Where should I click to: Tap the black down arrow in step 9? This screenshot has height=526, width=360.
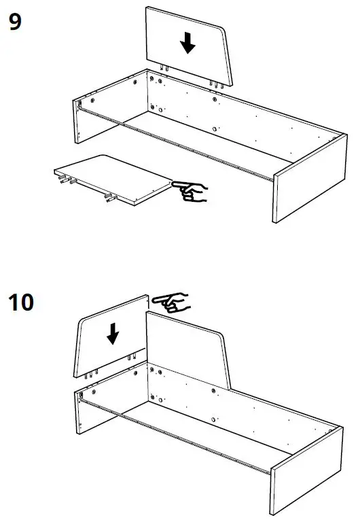[x=188, y=43]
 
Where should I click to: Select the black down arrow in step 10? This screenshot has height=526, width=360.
[x=113, y=332]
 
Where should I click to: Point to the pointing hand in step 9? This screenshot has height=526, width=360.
[x=191, y=190]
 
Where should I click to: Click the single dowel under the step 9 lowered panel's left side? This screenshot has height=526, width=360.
[x=164, y=67]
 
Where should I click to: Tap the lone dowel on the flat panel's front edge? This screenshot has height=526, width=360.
[x=108, y=199]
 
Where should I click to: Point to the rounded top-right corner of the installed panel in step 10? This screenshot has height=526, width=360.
[x=220, y=337]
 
